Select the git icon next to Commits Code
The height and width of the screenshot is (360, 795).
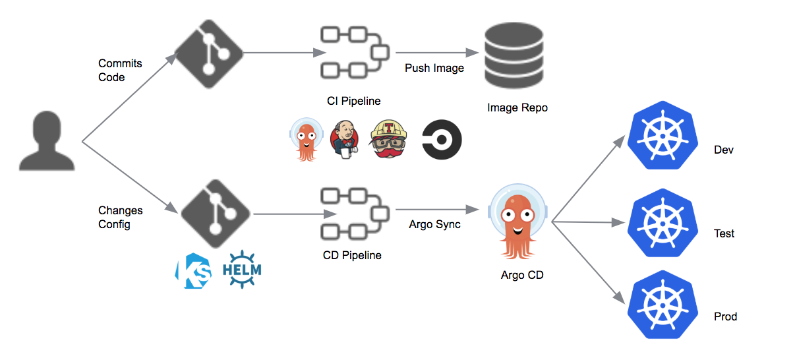(208, 53)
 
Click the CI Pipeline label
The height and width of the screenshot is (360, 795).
(354, 101)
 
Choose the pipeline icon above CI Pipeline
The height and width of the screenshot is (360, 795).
(354, 53)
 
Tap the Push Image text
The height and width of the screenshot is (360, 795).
(434, 68)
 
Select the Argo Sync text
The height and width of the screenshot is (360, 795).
(434, 224)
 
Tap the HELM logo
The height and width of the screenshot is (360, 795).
(242, 270)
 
